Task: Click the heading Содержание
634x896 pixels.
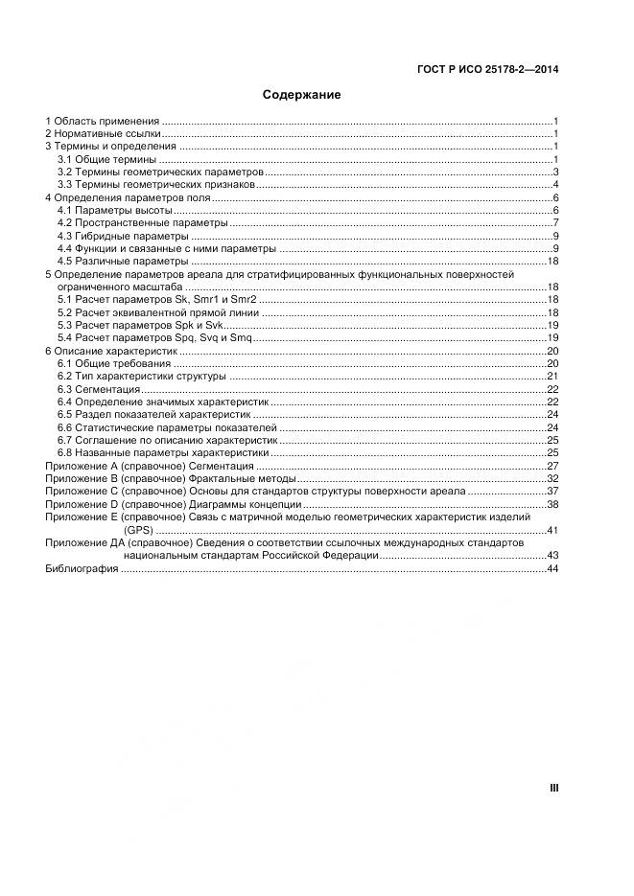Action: tap(302, 95)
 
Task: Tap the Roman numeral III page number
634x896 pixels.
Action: tap(553, 788)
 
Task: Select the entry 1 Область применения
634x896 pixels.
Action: tap(103, 122)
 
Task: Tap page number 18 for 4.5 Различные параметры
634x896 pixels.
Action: tap(552, 261)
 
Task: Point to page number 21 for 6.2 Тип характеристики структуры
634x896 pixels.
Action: tap(552, 377)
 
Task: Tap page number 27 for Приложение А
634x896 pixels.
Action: tap(552, 466)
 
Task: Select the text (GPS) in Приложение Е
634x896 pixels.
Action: tap(137, 530)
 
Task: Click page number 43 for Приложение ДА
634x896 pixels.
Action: tap(552, 556)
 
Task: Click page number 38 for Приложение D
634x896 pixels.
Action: tap(552, 504)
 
